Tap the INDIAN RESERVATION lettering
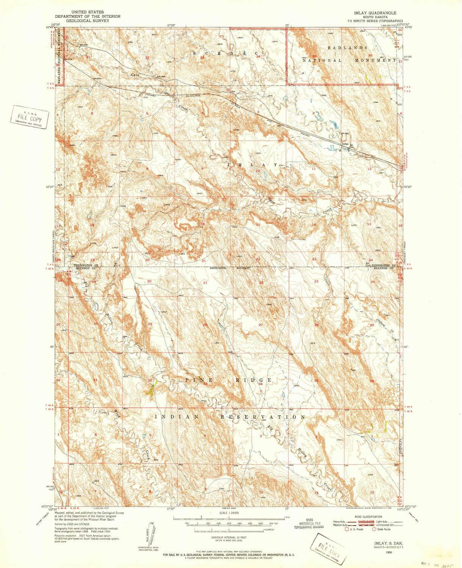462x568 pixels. click(x=229, y=417)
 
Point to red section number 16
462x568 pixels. click(x=203, y=224)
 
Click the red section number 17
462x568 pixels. click(x=147, y=225)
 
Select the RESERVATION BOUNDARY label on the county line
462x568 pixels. click(x=230, y=268)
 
